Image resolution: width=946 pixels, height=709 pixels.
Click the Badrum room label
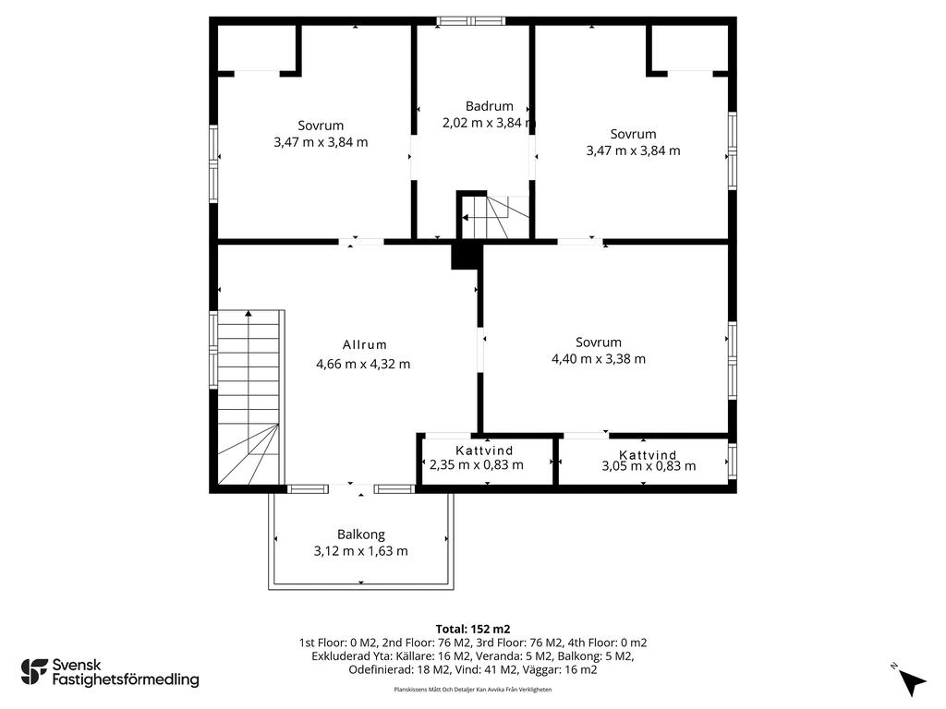coord(490,106)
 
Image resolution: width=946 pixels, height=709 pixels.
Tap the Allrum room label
coord(364,345)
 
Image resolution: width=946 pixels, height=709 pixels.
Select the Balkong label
coord(361,535)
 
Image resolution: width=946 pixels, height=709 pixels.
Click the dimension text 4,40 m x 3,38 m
coord(599,359)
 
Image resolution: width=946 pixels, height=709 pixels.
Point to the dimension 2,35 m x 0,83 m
coord(477,465)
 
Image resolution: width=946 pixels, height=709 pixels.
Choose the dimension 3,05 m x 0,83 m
coord(649,466)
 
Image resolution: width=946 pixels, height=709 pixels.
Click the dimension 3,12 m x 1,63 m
coord(361,551)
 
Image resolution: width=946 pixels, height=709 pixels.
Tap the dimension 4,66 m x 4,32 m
coord(363,364)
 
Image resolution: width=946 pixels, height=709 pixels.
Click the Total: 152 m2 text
coord(473,630)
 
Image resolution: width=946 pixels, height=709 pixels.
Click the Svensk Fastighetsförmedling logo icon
coord(34,672)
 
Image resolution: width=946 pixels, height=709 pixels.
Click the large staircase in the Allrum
coord(249,397)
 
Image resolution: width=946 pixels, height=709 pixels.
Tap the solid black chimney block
coord(467,256)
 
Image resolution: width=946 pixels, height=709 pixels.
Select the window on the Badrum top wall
coord(472,21)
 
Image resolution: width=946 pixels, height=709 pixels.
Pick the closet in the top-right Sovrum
coord(689,48)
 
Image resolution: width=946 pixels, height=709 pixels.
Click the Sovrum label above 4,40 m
coord(599,342)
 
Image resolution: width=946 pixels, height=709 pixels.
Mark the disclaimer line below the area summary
coord(473,689)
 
